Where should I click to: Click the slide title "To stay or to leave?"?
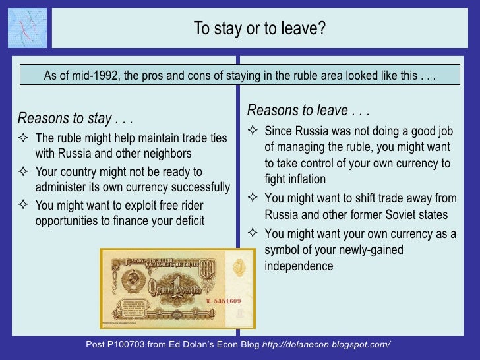(x=259, y=29)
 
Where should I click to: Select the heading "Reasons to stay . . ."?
(x=75, y=119)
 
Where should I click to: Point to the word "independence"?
(x=299, y=266)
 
